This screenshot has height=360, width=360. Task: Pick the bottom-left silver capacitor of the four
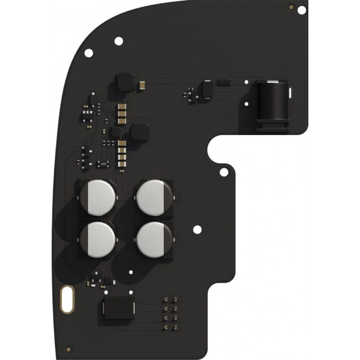point(99,237)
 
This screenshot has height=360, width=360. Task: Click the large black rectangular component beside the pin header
point(119,310)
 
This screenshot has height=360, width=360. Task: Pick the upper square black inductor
point(124,81)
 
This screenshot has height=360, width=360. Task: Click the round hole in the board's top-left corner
point(118,41)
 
